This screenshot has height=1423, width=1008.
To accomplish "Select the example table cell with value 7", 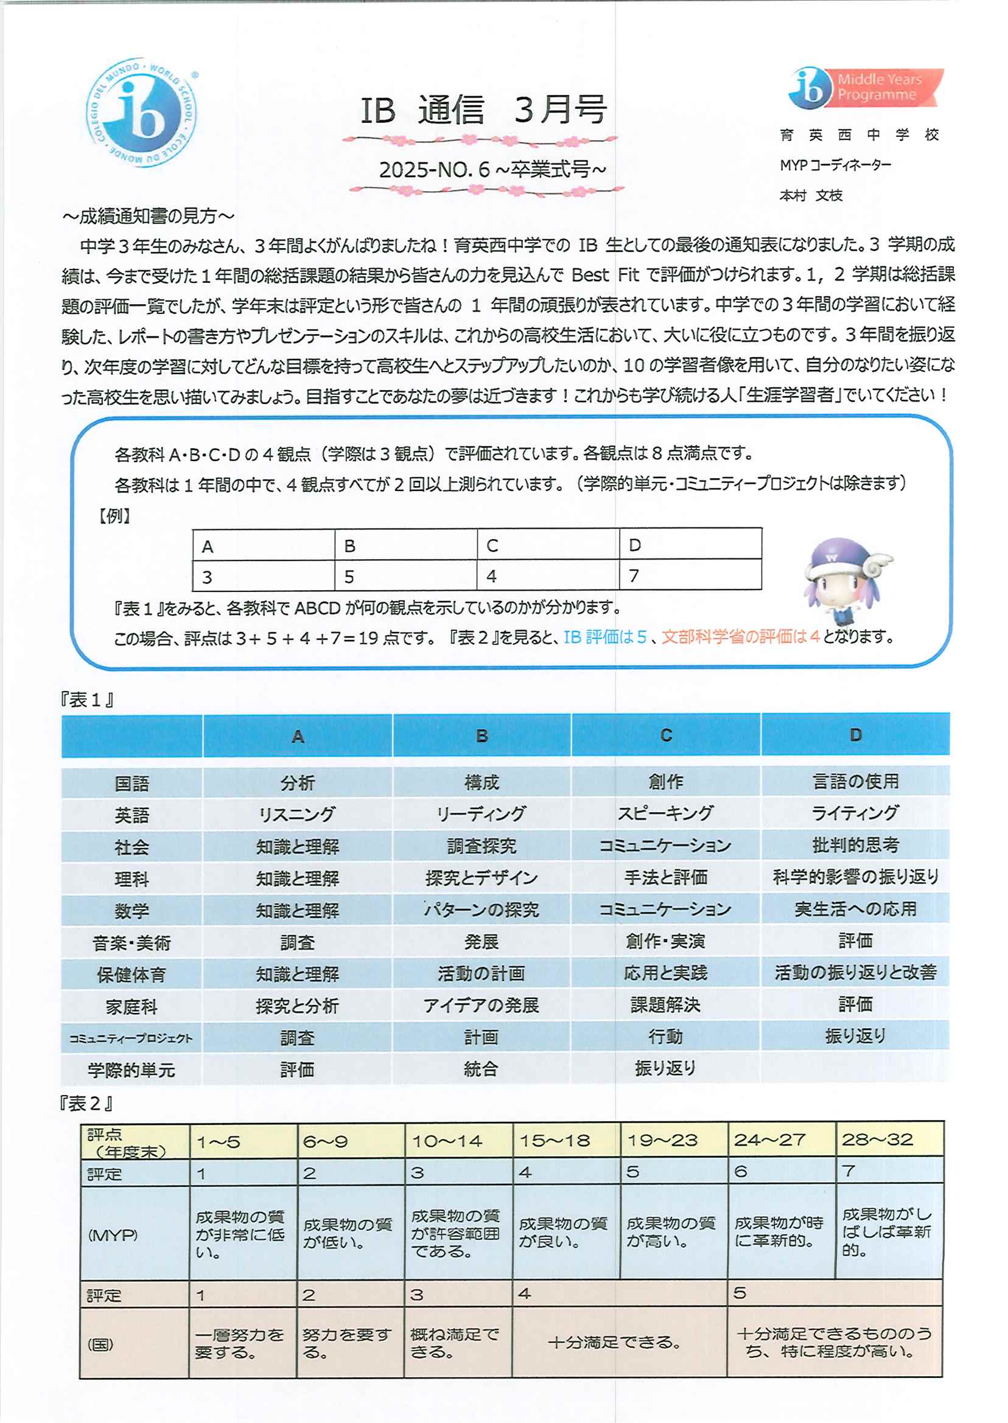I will pos(690,576).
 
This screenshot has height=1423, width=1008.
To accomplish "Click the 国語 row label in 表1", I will pos(131,784).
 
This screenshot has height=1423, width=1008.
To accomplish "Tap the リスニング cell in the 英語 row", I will pos(297,815).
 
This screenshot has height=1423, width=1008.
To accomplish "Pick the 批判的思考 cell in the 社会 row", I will pos(855,845).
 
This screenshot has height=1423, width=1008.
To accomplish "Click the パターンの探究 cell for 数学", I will pos(481,910).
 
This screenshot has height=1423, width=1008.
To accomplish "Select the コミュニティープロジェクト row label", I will pos(131,1038).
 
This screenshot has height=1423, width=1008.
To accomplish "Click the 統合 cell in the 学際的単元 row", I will pos(481,1069).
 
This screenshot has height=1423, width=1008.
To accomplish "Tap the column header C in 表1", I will pos(666,736).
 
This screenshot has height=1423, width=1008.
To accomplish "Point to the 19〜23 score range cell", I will pos(662,1140).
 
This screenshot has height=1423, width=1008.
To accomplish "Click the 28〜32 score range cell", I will pos(877,1139).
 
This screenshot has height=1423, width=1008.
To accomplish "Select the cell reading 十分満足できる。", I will pos(614,1343).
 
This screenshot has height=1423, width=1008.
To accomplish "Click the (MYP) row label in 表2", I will pos(113,1235).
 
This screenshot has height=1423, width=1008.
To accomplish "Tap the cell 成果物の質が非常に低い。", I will pos(240,1235).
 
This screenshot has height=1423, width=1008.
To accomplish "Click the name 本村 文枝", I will pos(811,196).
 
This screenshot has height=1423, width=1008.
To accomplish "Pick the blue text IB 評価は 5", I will pos(605,637).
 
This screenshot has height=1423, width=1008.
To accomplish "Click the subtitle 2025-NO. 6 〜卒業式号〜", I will pos(492,169).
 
